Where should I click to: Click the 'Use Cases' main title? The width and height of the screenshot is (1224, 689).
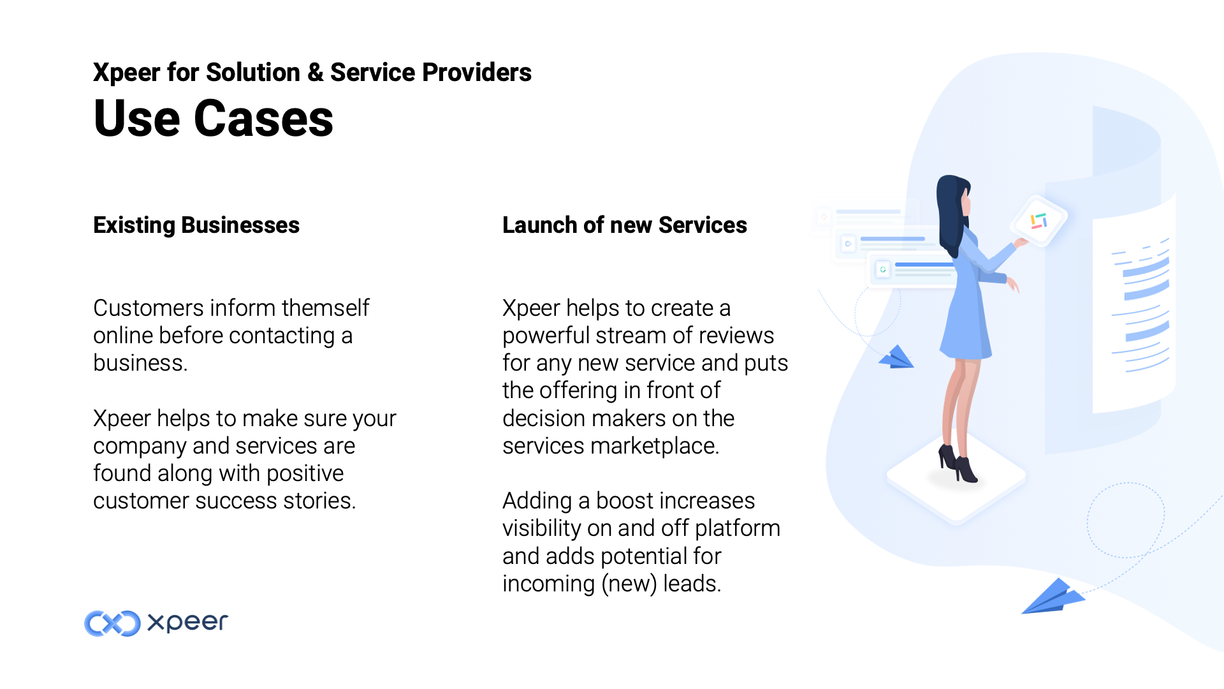pos(214,119)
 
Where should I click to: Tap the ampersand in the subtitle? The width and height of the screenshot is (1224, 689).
pos(315,73)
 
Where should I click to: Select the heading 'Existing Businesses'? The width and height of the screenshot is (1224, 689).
pos(196,225)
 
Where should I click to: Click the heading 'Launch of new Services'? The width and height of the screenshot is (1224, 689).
pos(625,225)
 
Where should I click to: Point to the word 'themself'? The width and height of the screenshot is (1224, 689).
pos(325,308)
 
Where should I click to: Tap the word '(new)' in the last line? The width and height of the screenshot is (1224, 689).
pos(629,584)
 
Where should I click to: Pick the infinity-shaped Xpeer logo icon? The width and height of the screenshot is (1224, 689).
pos(113,623)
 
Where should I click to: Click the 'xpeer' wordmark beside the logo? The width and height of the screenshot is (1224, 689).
pos(187,623)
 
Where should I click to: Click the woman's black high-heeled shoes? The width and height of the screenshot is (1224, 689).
pos(958,464)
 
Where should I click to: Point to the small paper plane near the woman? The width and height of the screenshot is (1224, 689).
pos(897,357)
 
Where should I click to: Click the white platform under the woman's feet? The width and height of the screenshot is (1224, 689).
pos(956,478)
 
